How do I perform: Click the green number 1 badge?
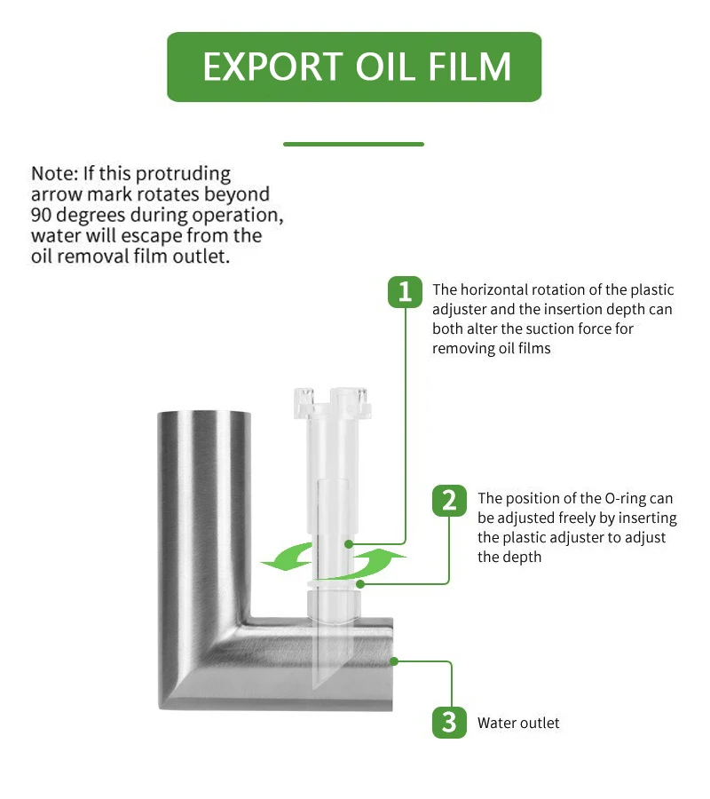tap(405, 292)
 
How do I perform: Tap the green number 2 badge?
tap(449, 501)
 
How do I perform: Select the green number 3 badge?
tap(449, 722)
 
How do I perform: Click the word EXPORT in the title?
tap(272, 67)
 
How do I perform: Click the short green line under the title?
tap(353, 144)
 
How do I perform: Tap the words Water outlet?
tap(518, 723)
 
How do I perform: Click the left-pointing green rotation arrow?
tap(287, 557)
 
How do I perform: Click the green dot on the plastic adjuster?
tap(349, 544)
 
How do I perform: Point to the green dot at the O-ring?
tap(360, 584)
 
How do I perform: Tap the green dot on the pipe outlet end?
tap(394, 661)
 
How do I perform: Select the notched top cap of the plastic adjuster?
tap(332, 403)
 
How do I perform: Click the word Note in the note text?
tap(54, 174)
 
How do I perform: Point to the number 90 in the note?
tap(41, 215)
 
